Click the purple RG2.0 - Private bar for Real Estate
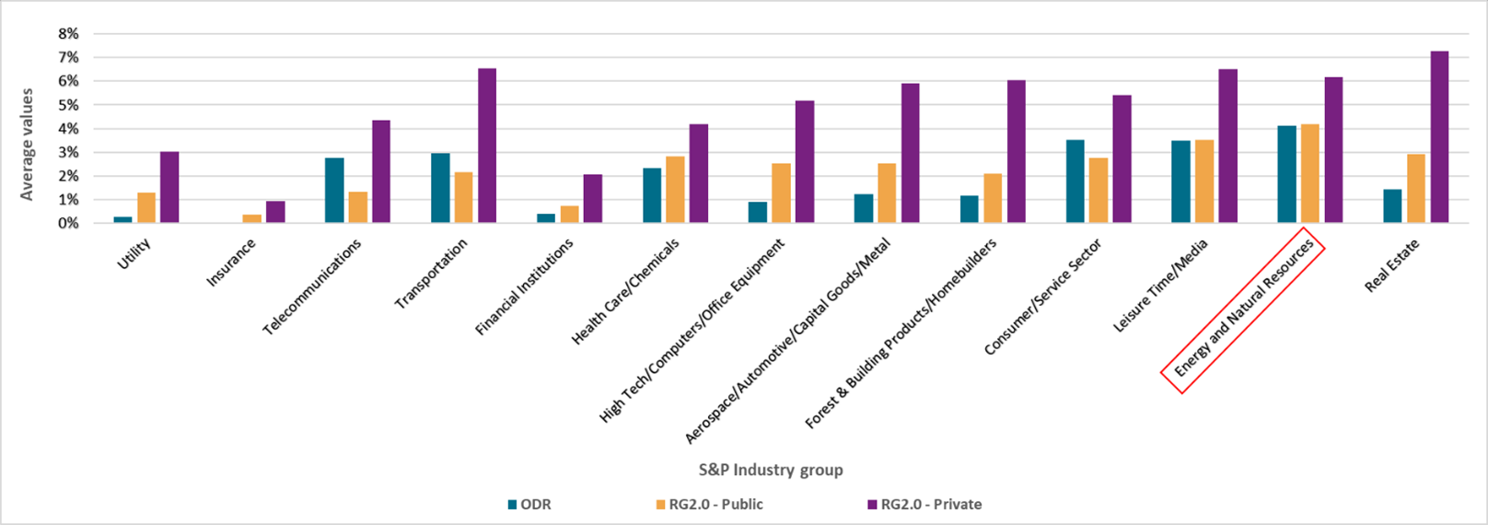click(x=1439, y=137)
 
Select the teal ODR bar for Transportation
click(x=440, y=188)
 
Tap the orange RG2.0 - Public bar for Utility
click(x=146, y=207)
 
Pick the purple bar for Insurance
click(x=275, y=212)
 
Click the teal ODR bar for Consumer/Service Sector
click(x=1075, y=181)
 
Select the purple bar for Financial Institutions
click(x=593, y=198)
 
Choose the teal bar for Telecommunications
click(x=334, y=191)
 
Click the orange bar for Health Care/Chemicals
click(x=675, y=190)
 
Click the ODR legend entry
click(x=529, y=505)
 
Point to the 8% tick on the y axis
click(x=68, y=34)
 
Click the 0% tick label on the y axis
click(x=68, y=223)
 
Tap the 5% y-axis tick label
click(x=68, y=105)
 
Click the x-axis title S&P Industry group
click(x=771, y=470)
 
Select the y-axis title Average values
click(x=27, y=144)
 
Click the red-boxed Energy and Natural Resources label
click(x=1242, y=309)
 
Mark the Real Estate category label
click(x=1392, y=265)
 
